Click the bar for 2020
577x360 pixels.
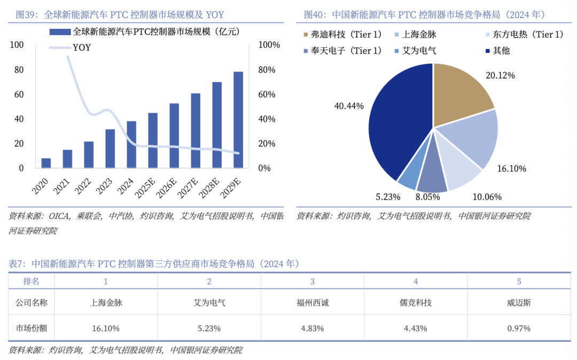click(46, 163)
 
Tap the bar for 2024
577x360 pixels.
click(131, 144)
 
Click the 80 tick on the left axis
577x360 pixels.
click(19, 70)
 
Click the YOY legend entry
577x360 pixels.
click(81, 48)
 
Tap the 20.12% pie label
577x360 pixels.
click(500, 76)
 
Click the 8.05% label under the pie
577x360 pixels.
click(428, 197)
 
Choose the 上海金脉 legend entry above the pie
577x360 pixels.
click(419, 35)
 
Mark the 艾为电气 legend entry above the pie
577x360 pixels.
click(419, 51)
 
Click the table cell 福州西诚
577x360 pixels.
click(313, 303)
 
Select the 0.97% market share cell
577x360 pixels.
click(519, 328)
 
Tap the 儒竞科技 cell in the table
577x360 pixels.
click(415, 303)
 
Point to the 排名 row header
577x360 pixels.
click(31, 281)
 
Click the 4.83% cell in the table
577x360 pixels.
click(313, 328)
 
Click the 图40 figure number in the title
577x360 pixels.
click(314, 14)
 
